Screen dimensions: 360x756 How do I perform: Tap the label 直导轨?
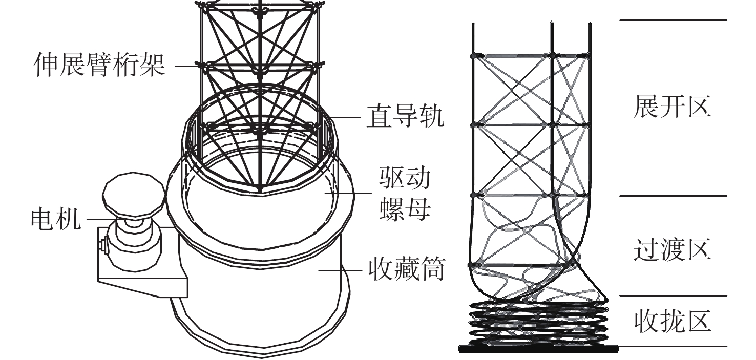(x=404, y=117)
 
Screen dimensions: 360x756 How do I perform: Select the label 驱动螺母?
(x=405, y=194)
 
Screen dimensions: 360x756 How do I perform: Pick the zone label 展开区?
(x=672, y=107)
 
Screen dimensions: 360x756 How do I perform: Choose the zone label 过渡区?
(x=672, y=250)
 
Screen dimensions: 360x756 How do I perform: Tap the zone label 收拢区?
(x=672, y=322)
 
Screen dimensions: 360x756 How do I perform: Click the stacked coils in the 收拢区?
(x=538, y=323)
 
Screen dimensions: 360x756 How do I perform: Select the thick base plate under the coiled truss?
(x=538, y=349)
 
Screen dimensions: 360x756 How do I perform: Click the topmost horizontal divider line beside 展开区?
(x=673, y=20)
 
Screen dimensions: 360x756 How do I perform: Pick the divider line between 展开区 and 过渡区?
(x=673, y=196)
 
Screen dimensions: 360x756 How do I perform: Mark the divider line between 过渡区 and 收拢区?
(x=673, y=295)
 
